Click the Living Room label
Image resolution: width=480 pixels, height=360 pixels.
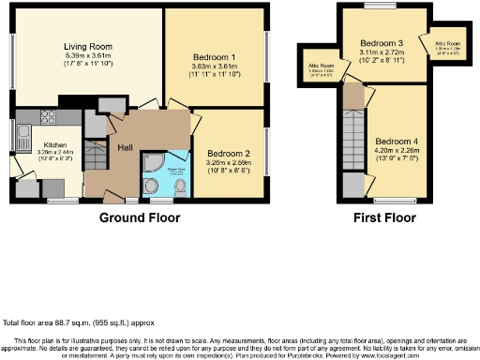(87, 46)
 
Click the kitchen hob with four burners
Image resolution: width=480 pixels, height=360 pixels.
(48, 117)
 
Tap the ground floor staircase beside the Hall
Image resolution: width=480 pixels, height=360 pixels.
(96, 155)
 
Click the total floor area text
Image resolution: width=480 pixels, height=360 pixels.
(67, 321)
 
